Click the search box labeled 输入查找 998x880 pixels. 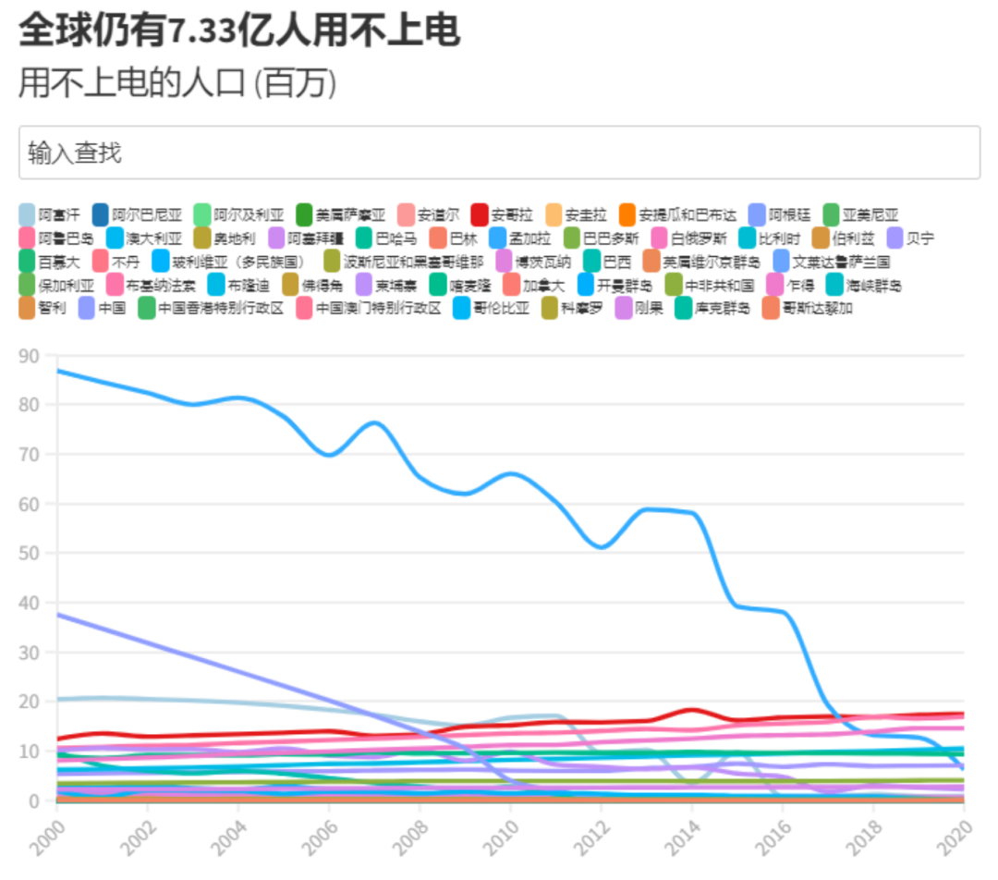pyautogui.click(x=499, y=153)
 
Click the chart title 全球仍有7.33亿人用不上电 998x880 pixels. pyautogui.click(x=239, y=31)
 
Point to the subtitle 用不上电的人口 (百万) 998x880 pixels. pyautogui.click(x=177, y=83)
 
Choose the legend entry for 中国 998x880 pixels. pyautogui.click(x=102, y=308)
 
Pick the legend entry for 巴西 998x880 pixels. pyautogui.click(x=606, y=262)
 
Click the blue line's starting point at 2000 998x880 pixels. pyautogui.click(x=57, y=371)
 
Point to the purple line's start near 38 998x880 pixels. pyautogui.click(x=57, y=614)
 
